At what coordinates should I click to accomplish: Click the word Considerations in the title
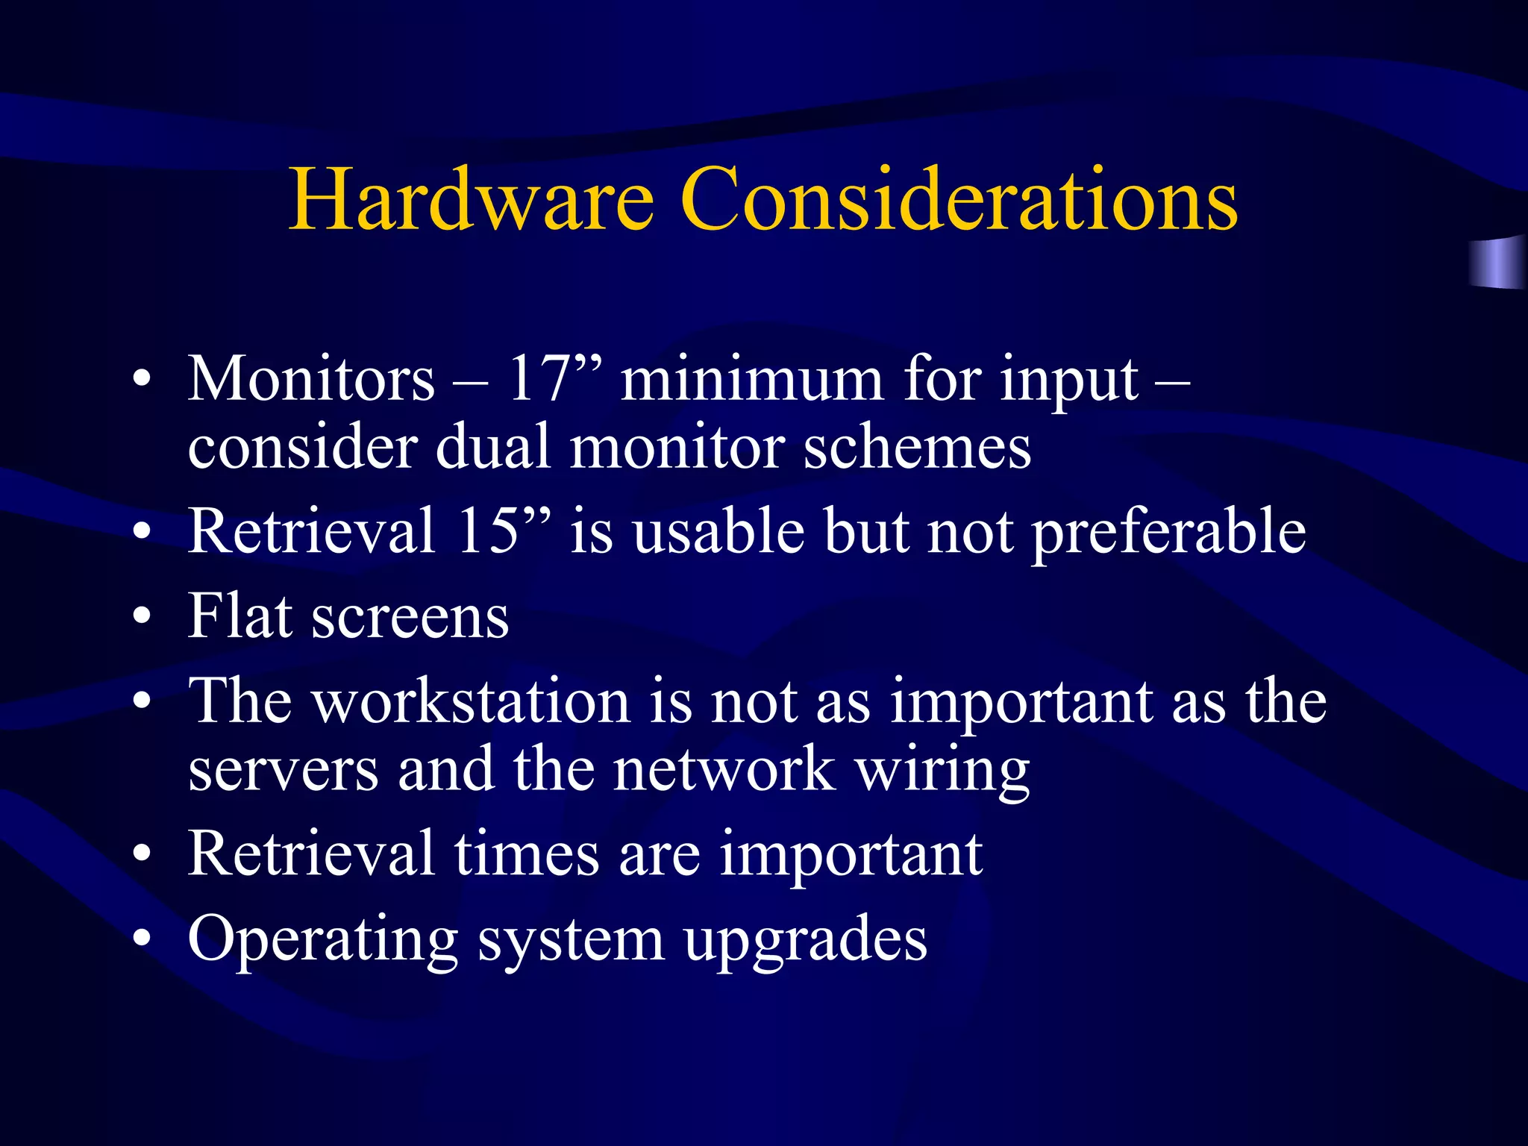pyautogui.click(x=959, y=200)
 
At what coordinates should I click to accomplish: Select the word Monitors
pyautogui.click(x=310, y=380)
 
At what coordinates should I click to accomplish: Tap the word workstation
pyautogui.click(x=472, y=701)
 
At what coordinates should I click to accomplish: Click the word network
pyautogui.click(x=724, y=770)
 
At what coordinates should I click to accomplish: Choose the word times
pyautogui.click(x=527, y=854)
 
